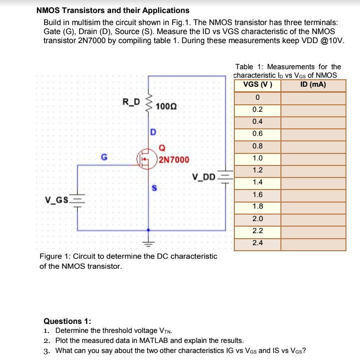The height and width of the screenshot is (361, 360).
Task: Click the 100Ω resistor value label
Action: coord(166,106)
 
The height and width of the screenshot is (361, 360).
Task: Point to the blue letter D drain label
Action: coord(153,132)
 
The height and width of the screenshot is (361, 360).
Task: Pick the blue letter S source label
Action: coord(154,188)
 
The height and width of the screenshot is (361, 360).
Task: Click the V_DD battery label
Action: coord(204,176)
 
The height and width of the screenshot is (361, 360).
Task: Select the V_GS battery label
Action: coord(57,202)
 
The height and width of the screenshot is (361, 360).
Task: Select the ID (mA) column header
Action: coord(313,84)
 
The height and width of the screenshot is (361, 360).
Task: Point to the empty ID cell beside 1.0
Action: coord(313,158)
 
